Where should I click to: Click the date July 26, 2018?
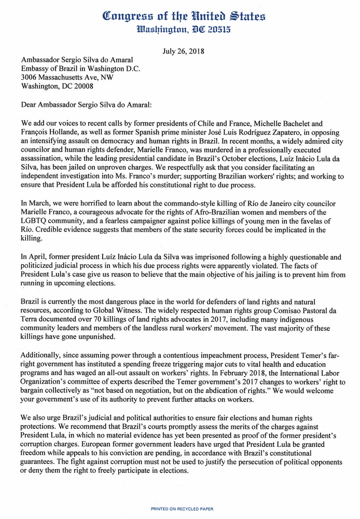coord(179,51)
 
